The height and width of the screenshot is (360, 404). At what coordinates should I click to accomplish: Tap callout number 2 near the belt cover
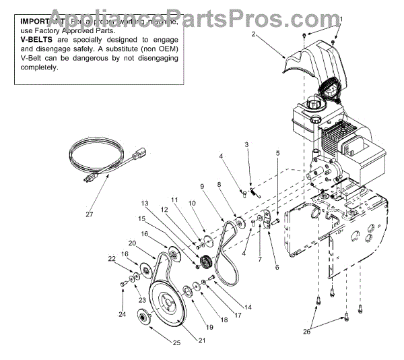click(x=253, y=33)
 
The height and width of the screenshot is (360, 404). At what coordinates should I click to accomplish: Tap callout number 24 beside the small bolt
click(x=122, y=313)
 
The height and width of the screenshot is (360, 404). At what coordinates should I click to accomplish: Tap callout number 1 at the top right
click(x=340, y=19)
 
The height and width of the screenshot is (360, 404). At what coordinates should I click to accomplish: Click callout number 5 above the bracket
click(x=277, y=154)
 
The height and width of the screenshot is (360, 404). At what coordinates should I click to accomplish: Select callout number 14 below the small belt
click(x=248, y=307)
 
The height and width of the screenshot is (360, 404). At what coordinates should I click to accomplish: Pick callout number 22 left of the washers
click(x=112, y=258)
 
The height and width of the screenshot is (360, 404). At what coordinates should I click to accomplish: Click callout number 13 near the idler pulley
click(x=143, y=204)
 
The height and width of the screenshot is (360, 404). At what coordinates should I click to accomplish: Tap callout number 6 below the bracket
click(x=276, y=267)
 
